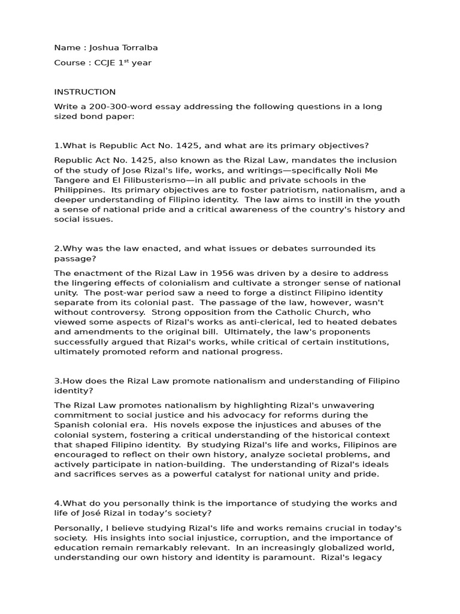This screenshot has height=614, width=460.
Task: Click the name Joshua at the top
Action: coord(96,47)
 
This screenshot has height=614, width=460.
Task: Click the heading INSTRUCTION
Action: coord(84,92)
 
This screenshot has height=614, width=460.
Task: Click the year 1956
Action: coord(225,273)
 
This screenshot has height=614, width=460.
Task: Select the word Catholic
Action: coord(303,312)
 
